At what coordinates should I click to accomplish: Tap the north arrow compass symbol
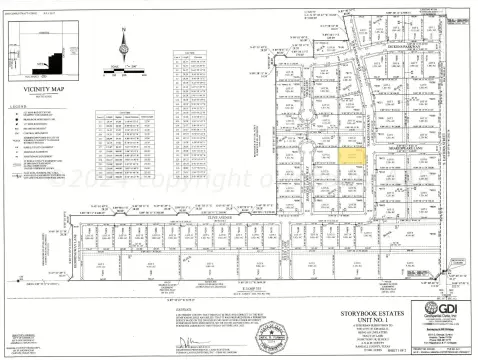coord(124,46)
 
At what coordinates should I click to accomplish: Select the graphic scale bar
coord(127,71)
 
